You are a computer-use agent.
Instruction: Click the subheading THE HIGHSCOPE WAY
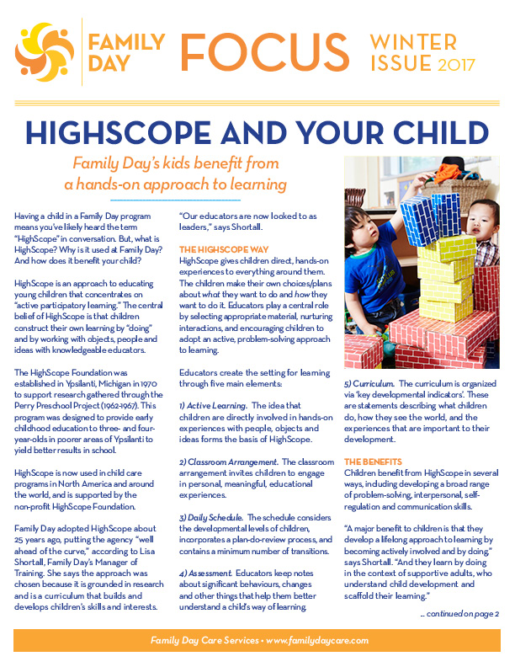pos(221,250)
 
